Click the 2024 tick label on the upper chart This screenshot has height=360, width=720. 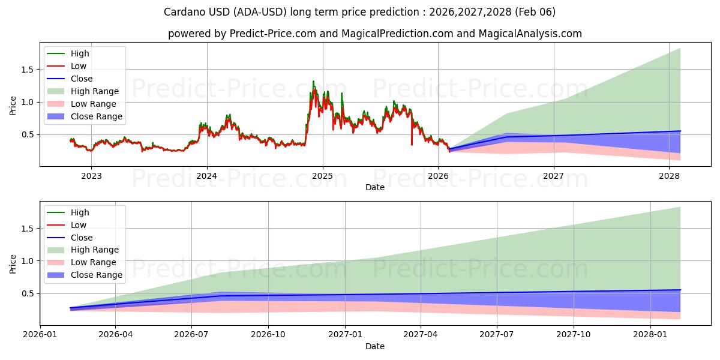tap(207, 176)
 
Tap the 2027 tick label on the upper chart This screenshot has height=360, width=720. tap(554, 176)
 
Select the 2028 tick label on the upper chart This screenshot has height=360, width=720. tap(670, 176)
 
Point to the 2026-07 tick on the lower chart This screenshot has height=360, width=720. tap(191, 335)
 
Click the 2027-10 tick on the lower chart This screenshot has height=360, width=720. tap(574, 335)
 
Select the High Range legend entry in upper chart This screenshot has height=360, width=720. tap(94, 91)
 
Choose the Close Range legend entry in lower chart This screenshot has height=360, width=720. tap(96, 275)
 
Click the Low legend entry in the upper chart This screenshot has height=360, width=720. tap(79, 66)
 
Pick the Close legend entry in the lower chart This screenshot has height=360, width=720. tap(82, 238)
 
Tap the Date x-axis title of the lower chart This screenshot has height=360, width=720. tap(375, 346)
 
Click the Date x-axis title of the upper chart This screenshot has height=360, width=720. tap(375, 187)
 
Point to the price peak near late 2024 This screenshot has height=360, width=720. tap(313, 82)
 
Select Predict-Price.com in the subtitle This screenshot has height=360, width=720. tap(274, 34)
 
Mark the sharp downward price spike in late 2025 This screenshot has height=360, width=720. tap(412, 143)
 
